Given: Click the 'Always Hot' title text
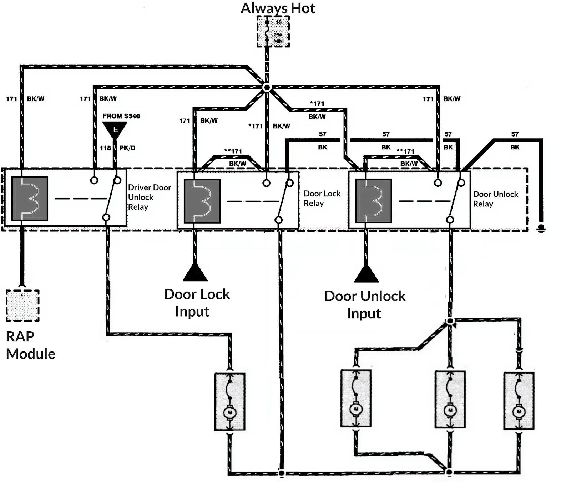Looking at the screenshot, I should (278, 8).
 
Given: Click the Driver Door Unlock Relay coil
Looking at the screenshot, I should (30, 199).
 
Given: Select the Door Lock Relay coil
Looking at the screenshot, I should (202, 201).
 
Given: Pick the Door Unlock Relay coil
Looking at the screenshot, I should (373, 201).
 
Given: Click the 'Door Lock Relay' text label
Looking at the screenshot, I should (322, 198).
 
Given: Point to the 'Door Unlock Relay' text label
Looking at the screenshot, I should (495, 199).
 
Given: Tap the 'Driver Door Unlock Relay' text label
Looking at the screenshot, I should (149, 197).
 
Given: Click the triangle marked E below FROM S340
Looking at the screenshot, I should (115, 129).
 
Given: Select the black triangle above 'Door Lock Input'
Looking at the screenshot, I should (195, 273).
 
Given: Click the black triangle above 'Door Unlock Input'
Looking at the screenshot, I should (366, 274).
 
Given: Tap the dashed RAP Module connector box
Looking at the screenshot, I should (22, 305).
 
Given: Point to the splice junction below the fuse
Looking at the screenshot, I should (266, 87).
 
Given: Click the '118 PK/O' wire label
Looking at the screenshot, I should (117, 148).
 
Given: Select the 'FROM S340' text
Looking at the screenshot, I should (121, 116).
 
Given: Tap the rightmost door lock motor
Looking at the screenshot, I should (519, 401).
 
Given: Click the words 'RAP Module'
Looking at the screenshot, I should (30, 345).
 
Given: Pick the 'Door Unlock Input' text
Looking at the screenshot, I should (365, 305).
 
